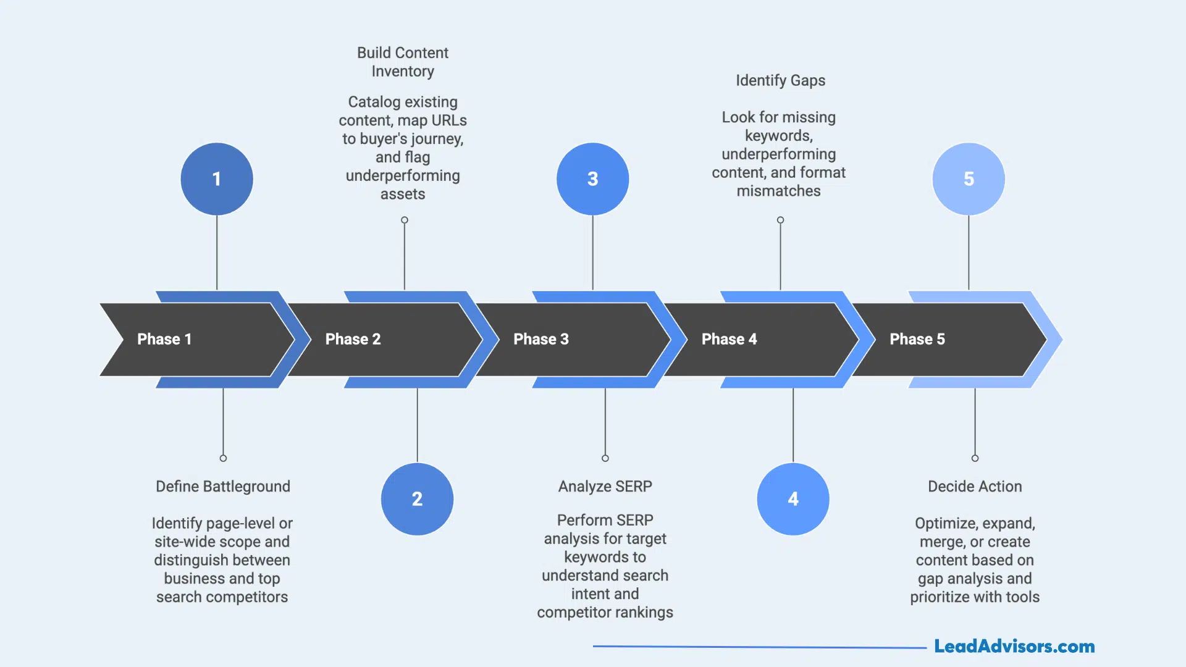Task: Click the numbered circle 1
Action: pyautogui.click(x=217, y=179)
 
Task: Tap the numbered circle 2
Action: pyautogui.click(x=417, y=499)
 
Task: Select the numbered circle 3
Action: pyautogui.click(x=592, y=179)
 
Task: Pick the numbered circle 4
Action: pyautogui.click(x=793, y=499)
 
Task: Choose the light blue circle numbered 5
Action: pyautogui.click(x=969, y=179)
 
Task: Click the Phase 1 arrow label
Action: pyautogui.click(x=164, y=339)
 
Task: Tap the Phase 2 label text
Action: pyautogui.click(x=353, y=339)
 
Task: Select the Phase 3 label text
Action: pyautogui.click(x=541, y=339)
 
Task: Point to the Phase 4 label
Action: pyautogui.click(x=729, y=339)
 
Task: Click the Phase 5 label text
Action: pyautogui.click(x=917, y=339)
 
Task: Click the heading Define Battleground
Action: pyautogui.click(x=223, y=487)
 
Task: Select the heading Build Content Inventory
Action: pyautogui.click(x=403, y=62)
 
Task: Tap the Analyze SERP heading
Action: pyautogui.click(x=605, y=487)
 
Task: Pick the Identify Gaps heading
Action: pyautogui.click(x=780, y=81)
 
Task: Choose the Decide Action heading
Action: pyautogui.click(x=975, y=487)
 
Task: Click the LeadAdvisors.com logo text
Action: pyautogui.click(x=1014, y=647)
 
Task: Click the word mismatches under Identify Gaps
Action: pyautogui.click(x=778, y=191)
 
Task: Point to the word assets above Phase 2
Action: pyautogui.click(x=403, y=195)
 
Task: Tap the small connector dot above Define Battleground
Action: pyautogui.click(x=223, y=458)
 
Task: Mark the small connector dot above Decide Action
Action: pyautogui.click(x=975, y=458)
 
